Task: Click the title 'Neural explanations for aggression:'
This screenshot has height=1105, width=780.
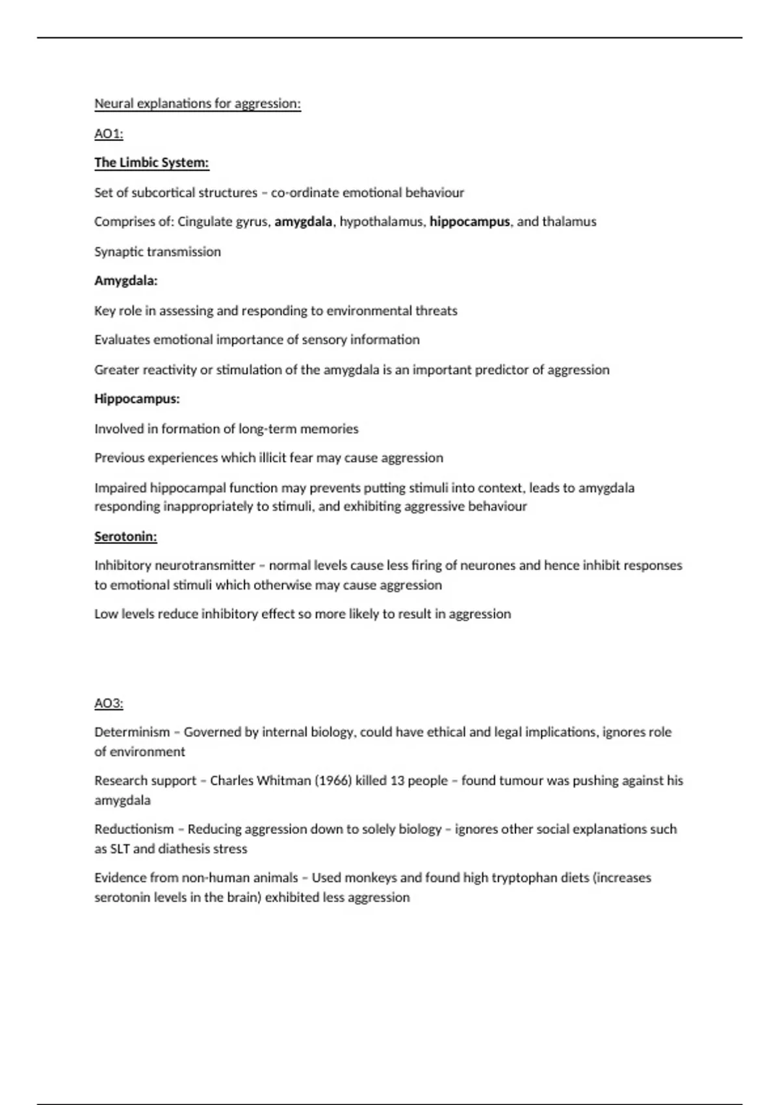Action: click(198, 104)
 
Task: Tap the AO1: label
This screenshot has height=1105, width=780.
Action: click(109, 134)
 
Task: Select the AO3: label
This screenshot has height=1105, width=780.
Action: click(109, 703)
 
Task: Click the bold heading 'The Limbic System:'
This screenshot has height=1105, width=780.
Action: click(151, 162)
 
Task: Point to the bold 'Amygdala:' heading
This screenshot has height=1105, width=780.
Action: click(126, 281)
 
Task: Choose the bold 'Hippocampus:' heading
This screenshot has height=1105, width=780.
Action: click(136, 398)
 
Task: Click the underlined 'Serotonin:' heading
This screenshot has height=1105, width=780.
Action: click(125, 536)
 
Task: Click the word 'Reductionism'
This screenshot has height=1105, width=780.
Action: click(134, 829)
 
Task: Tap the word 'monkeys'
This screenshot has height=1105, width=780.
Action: click(370, 878)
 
